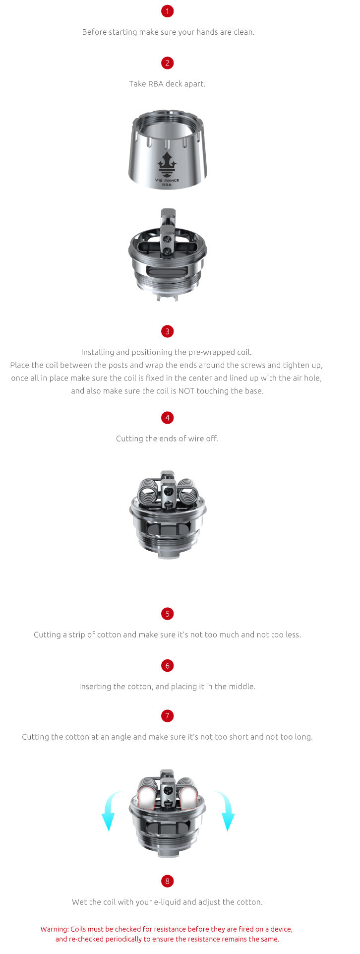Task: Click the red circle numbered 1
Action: [167, 11]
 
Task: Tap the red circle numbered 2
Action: [167, 63]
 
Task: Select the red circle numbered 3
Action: [167, 331]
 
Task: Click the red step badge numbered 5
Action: [167, 614]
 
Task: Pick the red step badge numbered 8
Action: [167, 881]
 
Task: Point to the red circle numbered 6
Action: [167, 666]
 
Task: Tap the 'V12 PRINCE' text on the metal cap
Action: [167, 180]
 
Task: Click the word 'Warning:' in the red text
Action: [55, 929]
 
